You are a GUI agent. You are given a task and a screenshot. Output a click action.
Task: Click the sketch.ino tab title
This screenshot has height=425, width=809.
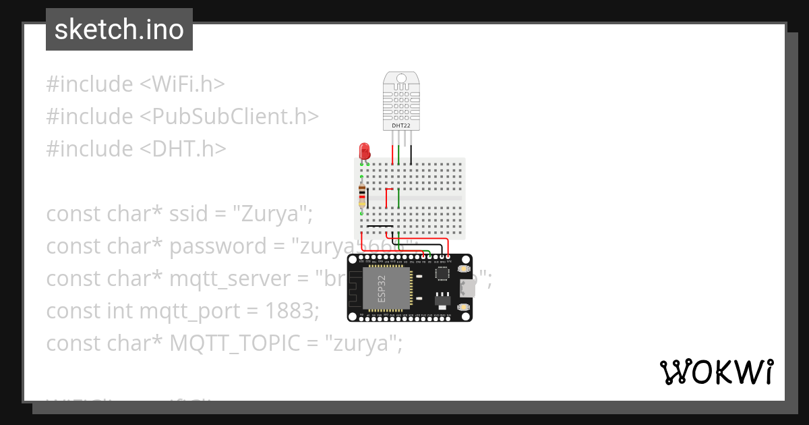(119, 30)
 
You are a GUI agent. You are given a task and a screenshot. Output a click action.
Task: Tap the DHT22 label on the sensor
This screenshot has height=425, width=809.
(402, 125)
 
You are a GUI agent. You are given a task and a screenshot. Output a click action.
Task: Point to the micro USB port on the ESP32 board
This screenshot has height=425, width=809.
(466, 289)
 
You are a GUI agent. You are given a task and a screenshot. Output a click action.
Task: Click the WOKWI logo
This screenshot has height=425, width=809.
(716, 372)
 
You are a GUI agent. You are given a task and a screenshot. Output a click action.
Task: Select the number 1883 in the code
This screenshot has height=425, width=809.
(288, 311)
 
